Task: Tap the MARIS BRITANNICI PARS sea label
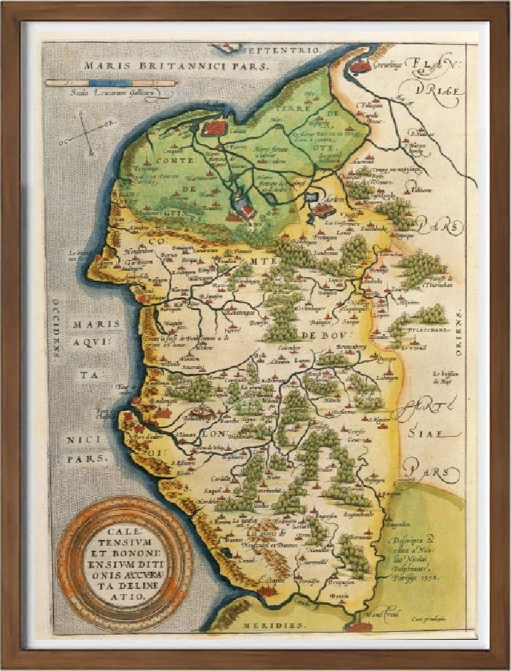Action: coord(175,65)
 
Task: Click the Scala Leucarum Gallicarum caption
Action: coord(110,91)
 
